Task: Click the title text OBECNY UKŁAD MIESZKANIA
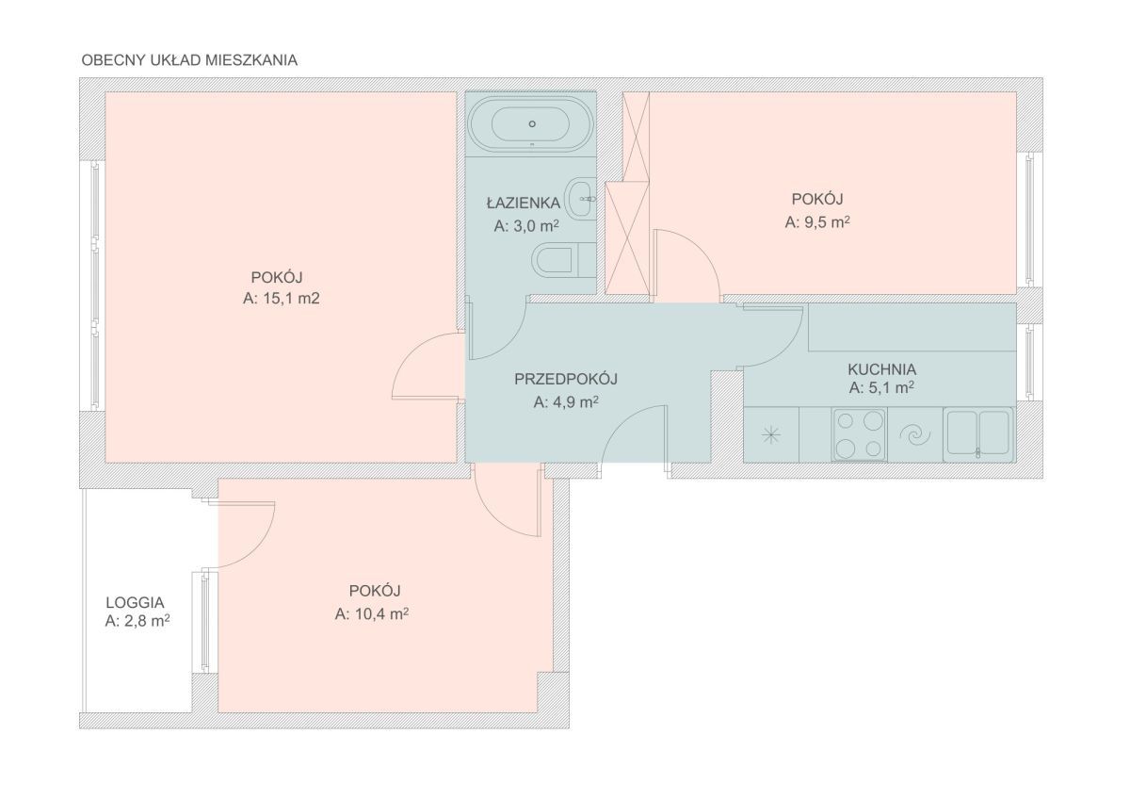[x=189, y=60]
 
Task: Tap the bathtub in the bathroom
[x=531, y=123]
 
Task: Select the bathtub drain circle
[x=532, y=123]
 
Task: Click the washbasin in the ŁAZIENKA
[x=581, y=199]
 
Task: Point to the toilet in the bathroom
[x=564, y=260]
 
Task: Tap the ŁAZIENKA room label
[x=524, y=204]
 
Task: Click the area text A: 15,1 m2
[x=281, y=299]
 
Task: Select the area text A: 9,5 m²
[x=817, y=222]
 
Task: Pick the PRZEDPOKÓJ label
[x=566, y=379]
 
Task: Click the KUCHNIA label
[x=881, y=369]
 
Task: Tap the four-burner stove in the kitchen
[x=860, y=435]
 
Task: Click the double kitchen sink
[x=978, y=434]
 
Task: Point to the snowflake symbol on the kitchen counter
[x=771, y=435]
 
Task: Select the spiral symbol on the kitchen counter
[x=915, y=435]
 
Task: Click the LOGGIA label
[x=135, y=603]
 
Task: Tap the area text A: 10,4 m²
[x=372, y=614]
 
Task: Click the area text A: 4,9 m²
[x=566, y=402]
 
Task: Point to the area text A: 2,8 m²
[x=137, y=621]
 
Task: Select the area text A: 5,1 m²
[x=881, y=387]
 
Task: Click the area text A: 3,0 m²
[x=526, y=226]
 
